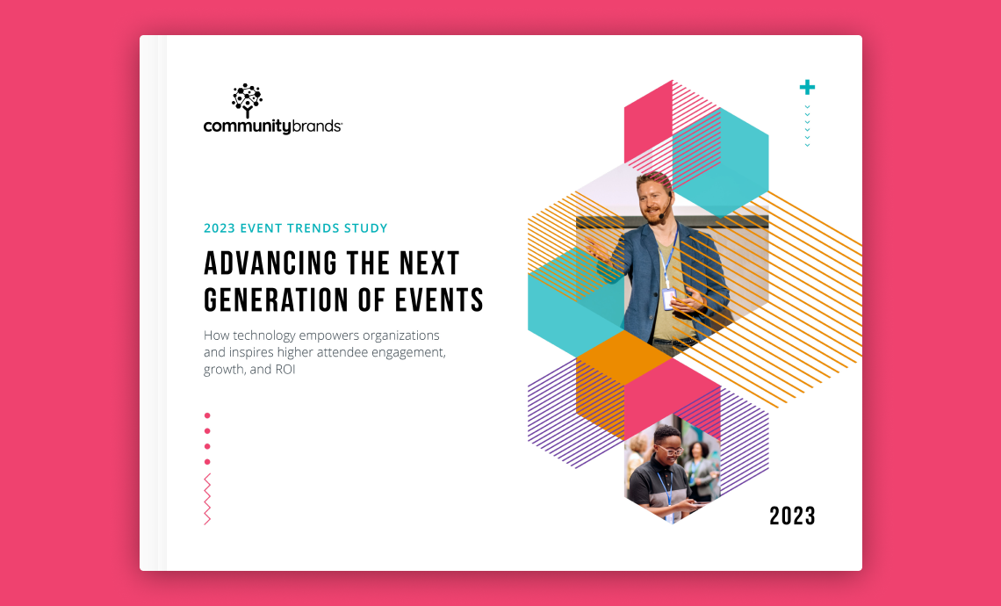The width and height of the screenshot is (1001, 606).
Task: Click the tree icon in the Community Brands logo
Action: (247, 99)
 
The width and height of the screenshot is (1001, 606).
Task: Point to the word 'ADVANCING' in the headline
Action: (261, 263)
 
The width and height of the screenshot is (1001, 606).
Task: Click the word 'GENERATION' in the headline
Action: (276, 300)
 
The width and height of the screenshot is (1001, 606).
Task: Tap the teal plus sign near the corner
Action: (807, 87)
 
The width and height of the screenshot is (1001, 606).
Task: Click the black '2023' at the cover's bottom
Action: (792, 516)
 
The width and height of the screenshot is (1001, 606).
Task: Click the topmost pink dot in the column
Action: (207, 415)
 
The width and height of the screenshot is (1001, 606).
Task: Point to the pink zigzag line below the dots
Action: (207, 499)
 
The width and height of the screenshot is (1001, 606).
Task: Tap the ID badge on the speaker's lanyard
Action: (668, 299)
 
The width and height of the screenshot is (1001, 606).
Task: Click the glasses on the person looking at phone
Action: (669, 451)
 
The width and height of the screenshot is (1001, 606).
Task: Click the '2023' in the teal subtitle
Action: (220, 228)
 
